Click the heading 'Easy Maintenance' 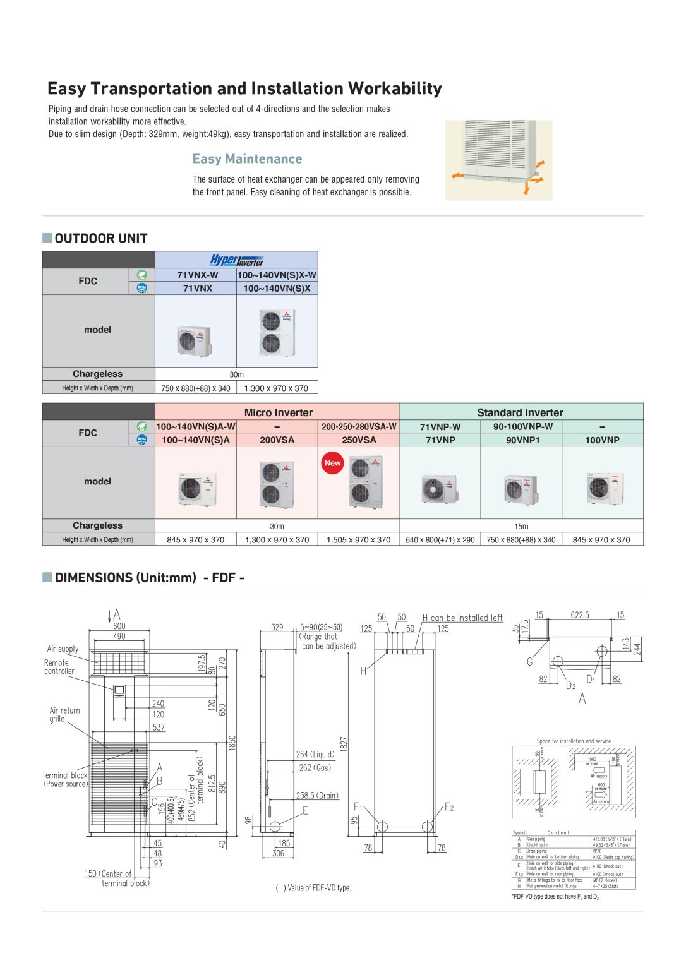click(x=247, y=159)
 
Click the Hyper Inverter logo click(x=236, y=260)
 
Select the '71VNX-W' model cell click(x=197, y=275)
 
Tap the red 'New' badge click(x=332, y=463)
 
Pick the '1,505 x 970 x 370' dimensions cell click(x=358, y=540)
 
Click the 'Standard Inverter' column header click(x=520, y=412)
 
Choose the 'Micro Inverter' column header click(x=278, y=412)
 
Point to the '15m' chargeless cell click(x=521, y=526)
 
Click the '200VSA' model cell click(x=277, y=440)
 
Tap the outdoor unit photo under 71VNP click(x=440, y=488)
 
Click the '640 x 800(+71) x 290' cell click(x=440, y=540)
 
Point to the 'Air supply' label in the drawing click(x=63, y=649)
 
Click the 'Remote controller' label click(x=59, y=667)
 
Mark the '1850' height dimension click(x=232, y=743)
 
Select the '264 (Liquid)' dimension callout click(x=315, y=754)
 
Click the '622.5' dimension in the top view click(x=579, y=615)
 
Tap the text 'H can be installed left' click(x=462, y=618)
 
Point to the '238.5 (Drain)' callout click(x=317, y=796)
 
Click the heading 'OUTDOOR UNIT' click(x=100, y=239)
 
